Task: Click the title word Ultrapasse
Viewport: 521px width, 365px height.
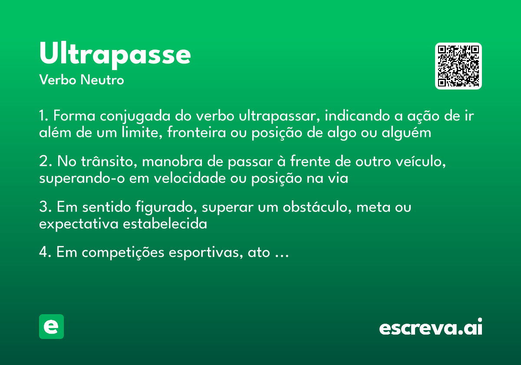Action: [x=115, y=54]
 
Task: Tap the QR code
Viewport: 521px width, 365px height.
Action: [x=458, y=66]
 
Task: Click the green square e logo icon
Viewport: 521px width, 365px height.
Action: [x=51, y=326]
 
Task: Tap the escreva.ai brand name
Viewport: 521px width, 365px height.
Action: [x=431, y=328]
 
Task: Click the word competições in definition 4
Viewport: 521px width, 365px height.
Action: [x=115, y=253]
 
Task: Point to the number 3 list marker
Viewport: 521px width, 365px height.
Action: [x=43, y=208]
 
